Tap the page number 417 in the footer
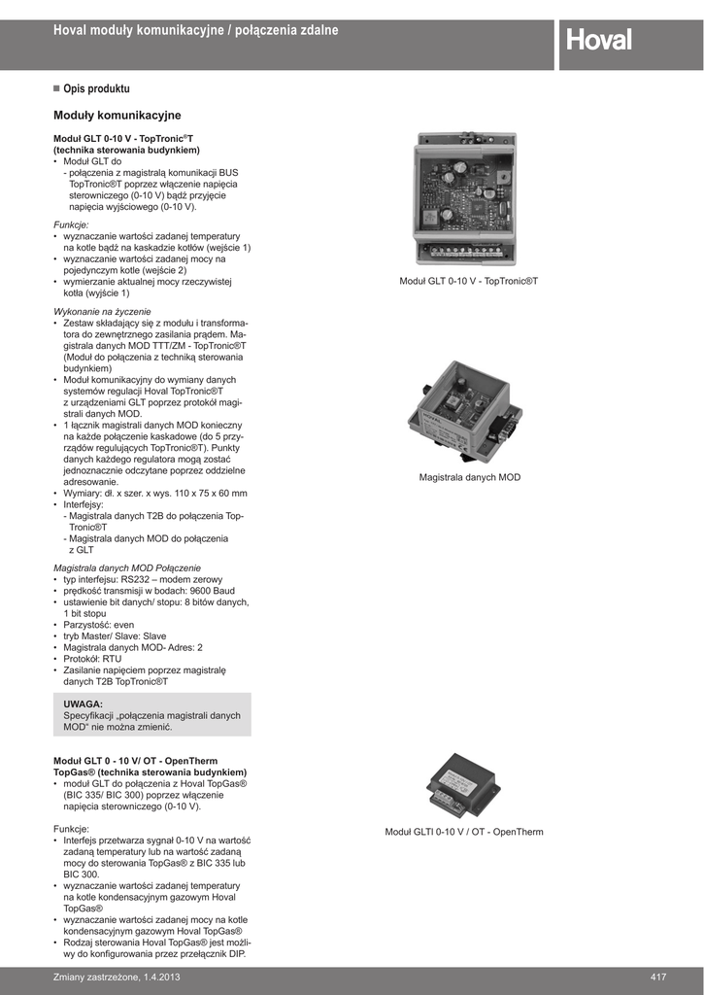tap(658, 976)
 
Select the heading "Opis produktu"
tap(96, 88)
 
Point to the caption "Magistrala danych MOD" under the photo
tap(470, 478)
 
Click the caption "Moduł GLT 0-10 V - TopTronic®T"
tap(468, 281)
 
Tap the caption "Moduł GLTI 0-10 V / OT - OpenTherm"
tap(464, 832)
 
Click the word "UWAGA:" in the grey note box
tap(84, 703)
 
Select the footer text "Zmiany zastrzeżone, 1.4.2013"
tap(117, 976)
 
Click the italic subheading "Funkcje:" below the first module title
tap(71, 224)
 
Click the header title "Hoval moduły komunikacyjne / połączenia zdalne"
tap(195, 31)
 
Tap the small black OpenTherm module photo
tap(463, 783)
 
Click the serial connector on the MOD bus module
tap(504, 426)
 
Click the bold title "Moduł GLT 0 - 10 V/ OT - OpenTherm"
tap(135, 761)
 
